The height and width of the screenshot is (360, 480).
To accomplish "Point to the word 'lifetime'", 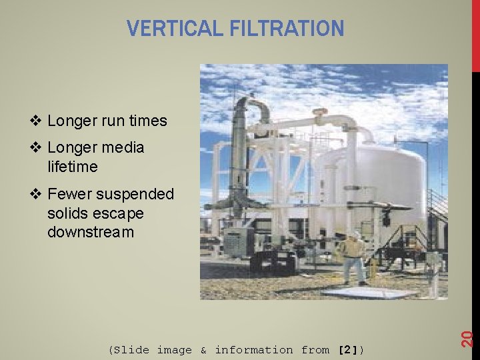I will pos(72,167).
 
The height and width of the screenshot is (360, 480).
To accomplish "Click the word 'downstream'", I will pos(91,233).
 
